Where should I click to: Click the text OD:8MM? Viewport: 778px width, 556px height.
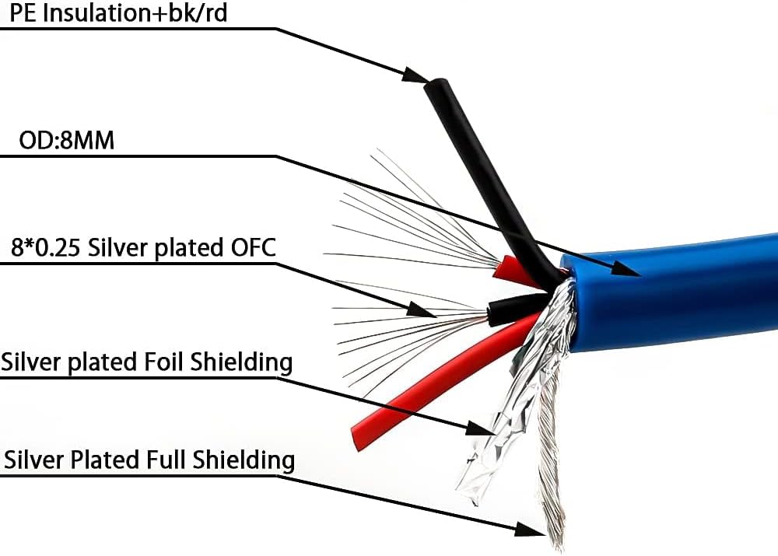(x=66, y=141)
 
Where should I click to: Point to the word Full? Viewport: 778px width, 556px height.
(x=166, y=460)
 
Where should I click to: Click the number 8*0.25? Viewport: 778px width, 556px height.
(x=45, y=247)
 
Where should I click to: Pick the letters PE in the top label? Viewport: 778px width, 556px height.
(x=22, y=13)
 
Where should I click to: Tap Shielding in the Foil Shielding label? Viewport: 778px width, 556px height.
(x=242, y=362)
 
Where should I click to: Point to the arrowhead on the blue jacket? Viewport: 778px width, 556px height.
(x=626, y=269)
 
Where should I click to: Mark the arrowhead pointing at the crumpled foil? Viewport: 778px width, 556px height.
(x=480, y=428)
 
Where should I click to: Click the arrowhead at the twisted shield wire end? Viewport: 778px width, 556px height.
(x=530, y=529)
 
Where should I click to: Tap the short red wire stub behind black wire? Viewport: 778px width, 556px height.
(x=516, y=272)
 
